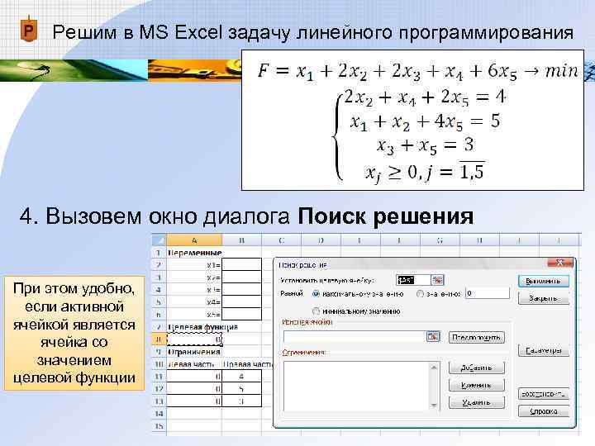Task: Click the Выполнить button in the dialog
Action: [x=543, y=280]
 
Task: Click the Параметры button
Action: [x=543, y=350]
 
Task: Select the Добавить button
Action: [x=476, y=367]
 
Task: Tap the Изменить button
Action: [x=476, y=385]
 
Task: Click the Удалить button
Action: [x=476, y=402]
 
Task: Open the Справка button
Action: [x=543, y=410]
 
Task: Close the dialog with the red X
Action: [x=562, y=263]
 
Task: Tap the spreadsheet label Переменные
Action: [x=195, y=252]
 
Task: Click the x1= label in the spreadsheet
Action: [x=213, y=264]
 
